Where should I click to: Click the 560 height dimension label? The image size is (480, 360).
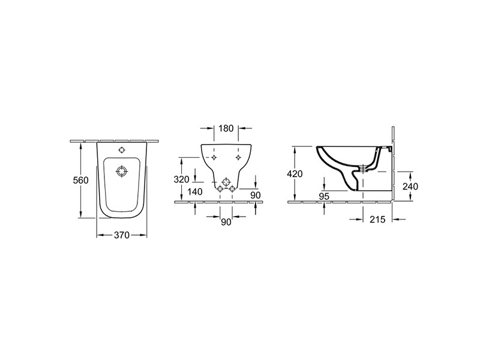[80, 180]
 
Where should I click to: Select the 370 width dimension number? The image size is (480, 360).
[122, 235]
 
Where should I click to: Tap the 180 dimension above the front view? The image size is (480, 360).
[226, 128]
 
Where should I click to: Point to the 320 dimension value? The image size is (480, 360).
[182, 179]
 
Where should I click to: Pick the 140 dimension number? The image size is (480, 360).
[194, 191]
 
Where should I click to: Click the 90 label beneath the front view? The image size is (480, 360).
[226, 222]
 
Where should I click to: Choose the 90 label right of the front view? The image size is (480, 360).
[256, 195]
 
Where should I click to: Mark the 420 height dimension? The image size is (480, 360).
[295, 173]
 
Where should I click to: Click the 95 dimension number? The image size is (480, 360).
[324, 196]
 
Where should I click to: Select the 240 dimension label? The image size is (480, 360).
[410, 186]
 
